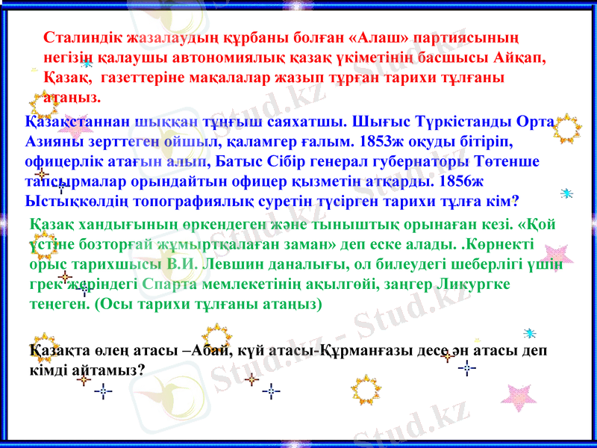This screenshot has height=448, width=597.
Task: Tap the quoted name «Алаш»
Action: point(379,37)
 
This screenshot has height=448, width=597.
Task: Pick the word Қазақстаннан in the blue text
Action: point(73,122)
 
